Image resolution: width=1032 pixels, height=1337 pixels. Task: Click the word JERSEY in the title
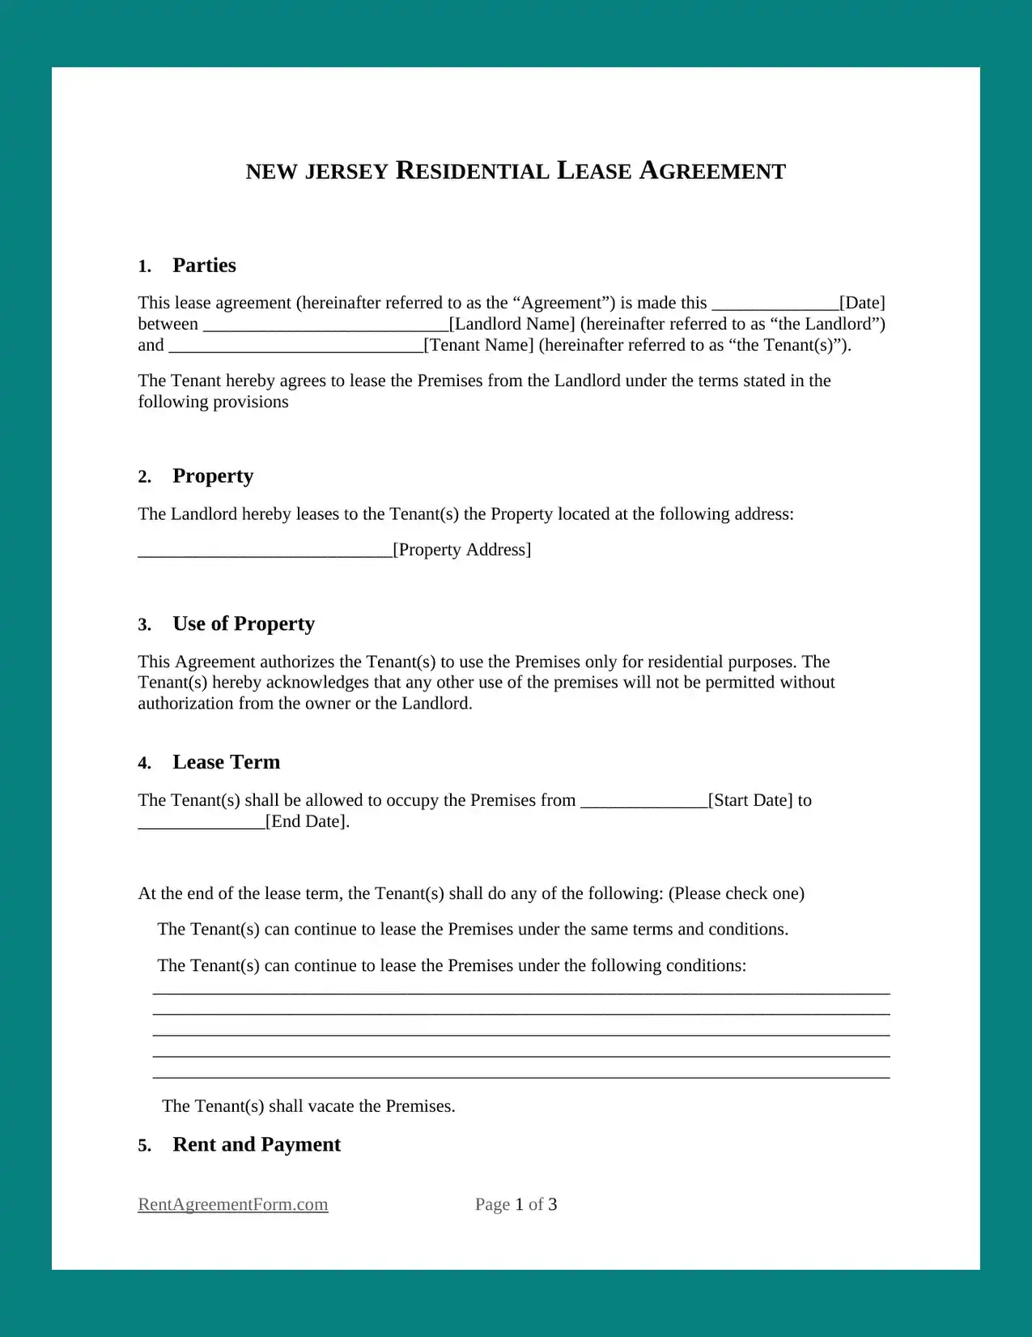pos(346,172)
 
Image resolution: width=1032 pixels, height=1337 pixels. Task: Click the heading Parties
pos(204,266)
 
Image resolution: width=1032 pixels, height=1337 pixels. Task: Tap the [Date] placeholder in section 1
pos(862,303)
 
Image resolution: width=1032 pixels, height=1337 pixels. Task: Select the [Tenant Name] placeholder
pos(479,345)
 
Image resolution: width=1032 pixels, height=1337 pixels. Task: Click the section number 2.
pos(144,477)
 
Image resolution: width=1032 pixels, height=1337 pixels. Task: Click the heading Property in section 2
pos(213,476)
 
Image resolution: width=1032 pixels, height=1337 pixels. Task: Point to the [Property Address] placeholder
pos(462,550)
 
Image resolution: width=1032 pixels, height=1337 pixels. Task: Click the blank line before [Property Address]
pos(265,552)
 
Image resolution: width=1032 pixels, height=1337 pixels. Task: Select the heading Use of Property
pos(244,624)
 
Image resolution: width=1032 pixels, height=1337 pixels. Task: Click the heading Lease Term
pos(226,763)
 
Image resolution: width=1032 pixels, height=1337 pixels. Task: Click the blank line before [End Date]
pos(202,824)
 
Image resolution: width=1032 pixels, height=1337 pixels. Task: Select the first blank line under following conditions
pos(521,991)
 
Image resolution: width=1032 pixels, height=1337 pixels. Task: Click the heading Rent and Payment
pos(257,1145)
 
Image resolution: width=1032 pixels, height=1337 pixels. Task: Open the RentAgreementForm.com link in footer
pos(233,1204)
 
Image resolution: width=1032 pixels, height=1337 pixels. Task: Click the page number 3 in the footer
pos(552,1204)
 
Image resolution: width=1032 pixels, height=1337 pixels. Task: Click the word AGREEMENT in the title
pos(712,172)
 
